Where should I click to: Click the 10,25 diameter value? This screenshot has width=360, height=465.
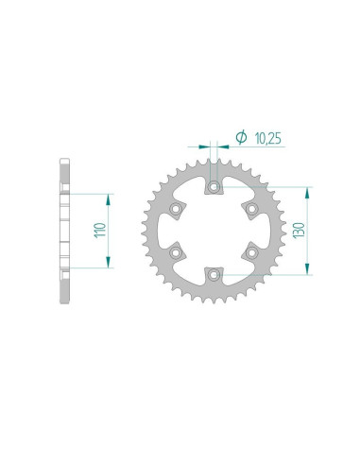(x=267, y=139)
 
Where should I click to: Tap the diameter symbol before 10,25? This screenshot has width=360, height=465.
(x=241, y=137)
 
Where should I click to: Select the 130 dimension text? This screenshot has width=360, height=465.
(x=299, y=231)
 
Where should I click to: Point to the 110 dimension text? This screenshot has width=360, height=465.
(x=100, y=231)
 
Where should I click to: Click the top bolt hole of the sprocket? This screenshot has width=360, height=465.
(x=214, y=187)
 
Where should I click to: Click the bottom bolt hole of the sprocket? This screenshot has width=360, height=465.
(x=214, y=275)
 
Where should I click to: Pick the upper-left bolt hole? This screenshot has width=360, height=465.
(x=176, y=209)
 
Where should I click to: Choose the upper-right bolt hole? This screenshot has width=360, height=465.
(x=252, y=209)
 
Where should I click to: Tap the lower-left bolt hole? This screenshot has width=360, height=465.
(x=176, y=252)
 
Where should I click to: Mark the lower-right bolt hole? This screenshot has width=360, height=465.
(x=252, y=252)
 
